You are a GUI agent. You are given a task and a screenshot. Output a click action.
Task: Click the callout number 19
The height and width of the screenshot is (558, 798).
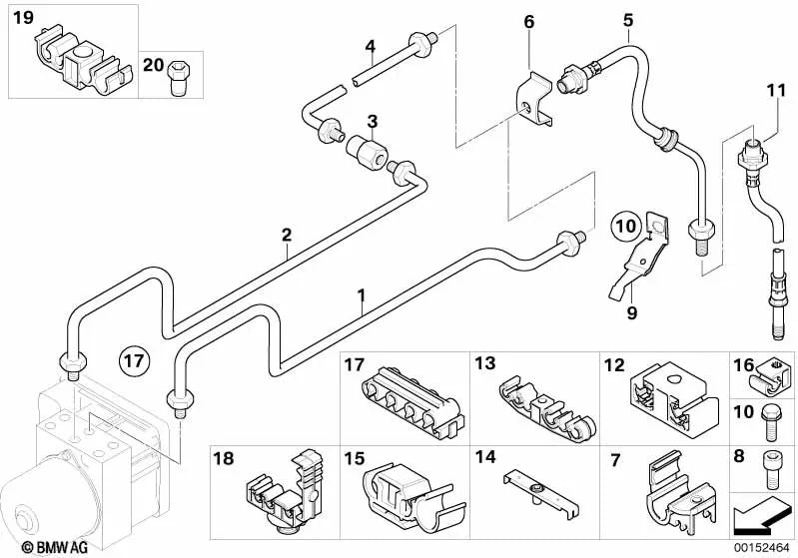pyautogui.click(x=23, y=18)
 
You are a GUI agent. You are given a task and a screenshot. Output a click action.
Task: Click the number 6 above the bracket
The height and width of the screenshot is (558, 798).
pyautogui.click(x=528, y=22)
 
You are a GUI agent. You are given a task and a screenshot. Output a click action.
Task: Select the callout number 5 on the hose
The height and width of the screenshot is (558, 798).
pyautogui.click(x=627, y=20)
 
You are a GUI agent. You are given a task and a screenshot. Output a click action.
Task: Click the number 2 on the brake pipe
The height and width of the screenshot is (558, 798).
pyautogui.click(x=286, y=236)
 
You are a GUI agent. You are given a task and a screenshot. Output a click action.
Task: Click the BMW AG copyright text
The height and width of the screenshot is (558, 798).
pyautogui.click(x=38, y=546)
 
